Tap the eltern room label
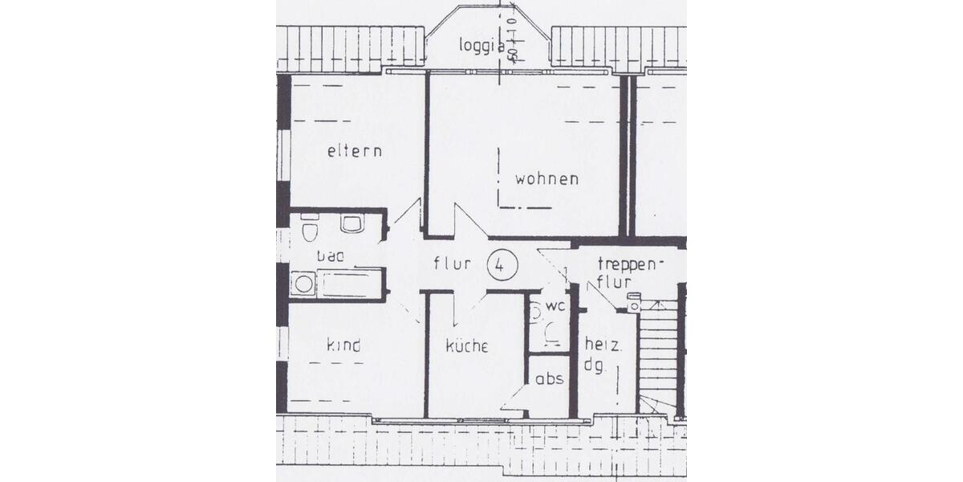click(354, 151)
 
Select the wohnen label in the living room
click(547, 179)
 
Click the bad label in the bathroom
click(330, 256)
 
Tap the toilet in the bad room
click(310, 231)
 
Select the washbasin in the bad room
click(351, 223)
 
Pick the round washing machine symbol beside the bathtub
click(303, 284)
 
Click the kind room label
click(343, 345)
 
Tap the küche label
click(467, 346)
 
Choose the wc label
click(556, 307)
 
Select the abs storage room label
click(550, 379)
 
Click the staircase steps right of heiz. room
click(658, 353)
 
